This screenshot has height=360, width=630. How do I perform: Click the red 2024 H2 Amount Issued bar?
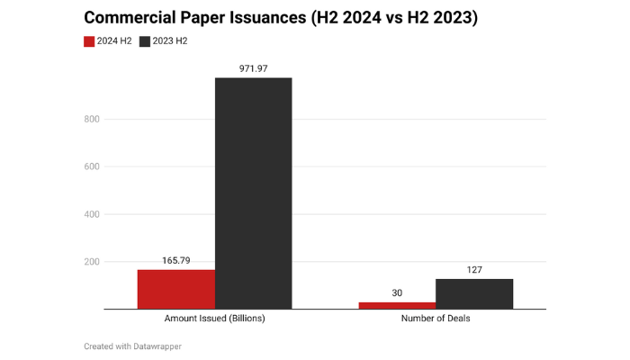tap(176, 289)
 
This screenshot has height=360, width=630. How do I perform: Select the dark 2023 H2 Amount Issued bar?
tap(253, 193)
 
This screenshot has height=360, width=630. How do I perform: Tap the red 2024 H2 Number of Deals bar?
tap(397, 305)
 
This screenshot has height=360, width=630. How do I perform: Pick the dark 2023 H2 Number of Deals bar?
tap(474, 293)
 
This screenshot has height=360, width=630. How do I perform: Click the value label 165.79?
tap(176, 260)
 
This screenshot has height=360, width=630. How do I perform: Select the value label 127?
tap(474, 269)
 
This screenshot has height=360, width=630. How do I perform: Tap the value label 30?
tap(397, 292)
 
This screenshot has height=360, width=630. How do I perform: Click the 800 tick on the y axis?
tap(91, 119)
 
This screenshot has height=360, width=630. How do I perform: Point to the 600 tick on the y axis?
tap(91, 166)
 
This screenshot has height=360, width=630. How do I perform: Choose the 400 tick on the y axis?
tap(91, 214)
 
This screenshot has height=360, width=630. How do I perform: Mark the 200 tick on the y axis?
tap(91, 262)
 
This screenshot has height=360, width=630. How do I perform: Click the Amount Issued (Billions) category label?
tap(214, 319)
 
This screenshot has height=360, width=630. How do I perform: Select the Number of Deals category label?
tap(436, 319)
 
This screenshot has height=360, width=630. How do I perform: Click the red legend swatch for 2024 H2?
tap(89, 40)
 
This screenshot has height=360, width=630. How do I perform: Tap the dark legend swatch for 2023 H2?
tap(145, 40)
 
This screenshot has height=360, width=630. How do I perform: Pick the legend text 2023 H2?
tap(170, 40)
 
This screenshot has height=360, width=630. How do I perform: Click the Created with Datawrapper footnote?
tap(132, 346)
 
